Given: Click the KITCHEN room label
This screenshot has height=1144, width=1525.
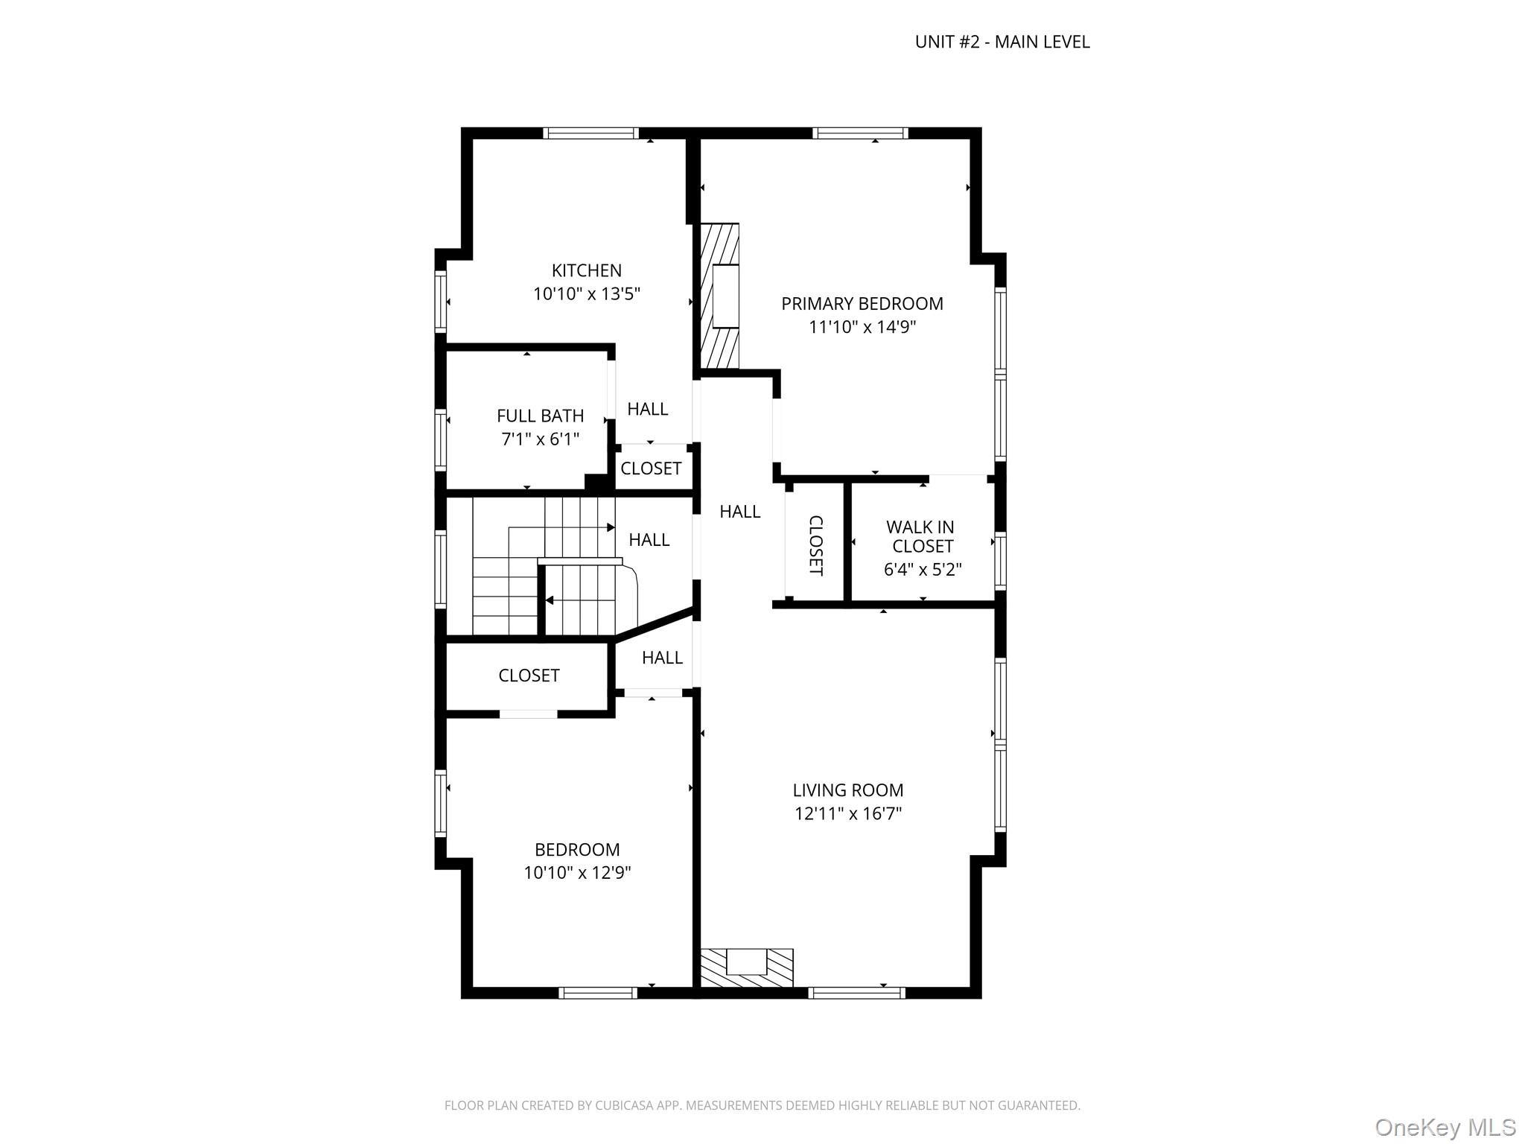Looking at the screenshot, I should pyautogui.click(x=586, y=270).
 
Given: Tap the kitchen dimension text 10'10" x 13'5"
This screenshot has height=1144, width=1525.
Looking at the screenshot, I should pyautogui.click(x=586, y=294).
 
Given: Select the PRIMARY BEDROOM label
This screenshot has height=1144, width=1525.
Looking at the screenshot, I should pyautogui.click(x=862, y=304).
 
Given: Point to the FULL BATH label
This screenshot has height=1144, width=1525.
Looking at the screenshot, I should pyautogui.click(x=540, y=416).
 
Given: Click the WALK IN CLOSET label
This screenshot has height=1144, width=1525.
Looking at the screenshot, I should pyautogui.click(x=921, y=536).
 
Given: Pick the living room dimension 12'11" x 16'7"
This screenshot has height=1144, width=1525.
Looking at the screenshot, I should pyautogui.click(x=847, y=813).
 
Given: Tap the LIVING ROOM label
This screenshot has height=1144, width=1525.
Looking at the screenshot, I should pyautogui.click(x=847, y=790).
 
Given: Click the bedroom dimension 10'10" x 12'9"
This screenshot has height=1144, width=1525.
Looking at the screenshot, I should pyautogui.click(x=577, y=873).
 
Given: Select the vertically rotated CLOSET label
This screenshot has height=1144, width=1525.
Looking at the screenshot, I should pyautogui.click(x=815, y=545).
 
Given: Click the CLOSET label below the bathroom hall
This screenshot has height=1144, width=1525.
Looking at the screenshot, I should pyautogui.click(x=651, y=468).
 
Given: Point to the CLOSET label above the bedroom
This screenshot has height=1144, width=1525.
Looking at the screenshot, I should pyautogui.click(x=529, y=676).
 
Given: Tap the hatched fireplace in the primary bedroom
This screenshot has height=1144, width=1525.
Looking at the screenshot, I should pyautogui.click(x=719, y=296).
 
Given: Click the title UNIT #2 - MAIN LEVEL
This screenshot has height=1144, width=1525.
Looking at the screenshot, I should pyautogui.click(x=1002, y=42).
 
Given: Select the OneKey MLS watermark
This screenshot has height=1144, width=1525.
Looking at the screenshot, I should pyautogui.click(x=1445, y=1127).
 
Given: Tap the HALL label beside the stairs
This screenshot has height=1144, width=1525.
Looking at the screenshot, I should pyautogui.click(x=649, y=540).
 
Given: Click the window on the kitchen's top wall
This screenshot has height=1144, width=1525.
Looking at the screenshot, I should pyautogui.click(x=590, y=133).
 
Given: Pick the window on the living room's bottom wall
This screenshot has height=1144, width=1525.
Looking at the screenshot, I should pyautogui.click(x=856, y=992).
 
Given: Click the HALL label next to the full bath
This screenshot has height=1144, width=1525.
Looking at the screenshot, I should pyautogui.click(x=647, y=409).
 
